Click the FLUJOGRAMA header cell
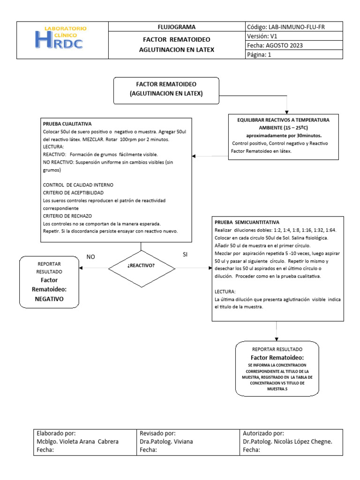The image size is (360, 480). click(177, 27)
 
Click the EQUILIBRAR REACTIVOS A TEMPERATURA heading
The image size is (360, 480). click(283, 120)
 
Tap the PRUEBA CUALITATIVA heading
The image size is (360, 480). click(67, 124)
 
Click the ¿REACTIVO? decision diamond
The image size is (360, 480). click(141, 268)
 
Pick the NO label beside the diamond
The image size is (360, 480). click(91, 256)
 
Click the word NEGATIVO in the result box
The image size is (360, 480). click(49, 298)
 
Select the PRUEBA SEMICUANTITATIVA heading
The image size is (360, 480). click(247, 222)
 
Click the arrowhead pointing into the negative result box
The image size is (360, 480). click(81, 268)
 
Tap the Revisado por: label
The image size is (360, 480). click(158, 433)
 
